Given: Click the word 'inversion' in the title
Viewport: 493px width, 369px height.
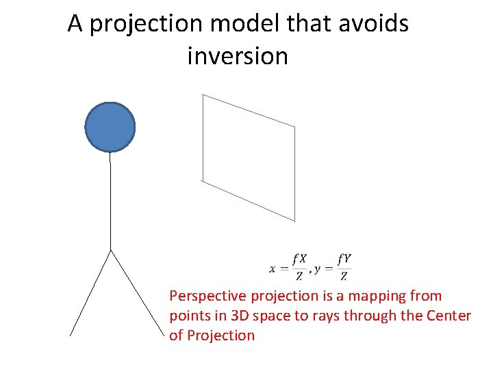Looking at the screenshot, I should coord(238,56).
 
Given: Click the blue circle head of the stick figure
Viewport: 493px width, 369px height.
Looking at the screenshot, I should coord(110,126).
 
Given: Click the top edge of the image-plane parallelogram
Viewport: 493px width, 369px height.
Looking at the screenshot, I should coord(249,111).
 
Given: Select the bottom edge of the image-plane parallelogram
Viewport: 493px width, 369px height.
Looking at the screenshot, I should coord(249,201).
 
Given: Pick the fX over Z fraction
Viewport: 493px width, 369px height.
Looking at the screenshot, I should coord(299,267).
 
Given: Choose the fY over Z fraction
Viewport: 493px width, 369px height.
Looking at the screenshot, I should coord(344,267).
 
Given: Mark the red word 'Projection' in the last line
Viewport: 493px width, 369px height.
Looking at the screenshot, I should coord(220,336).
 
